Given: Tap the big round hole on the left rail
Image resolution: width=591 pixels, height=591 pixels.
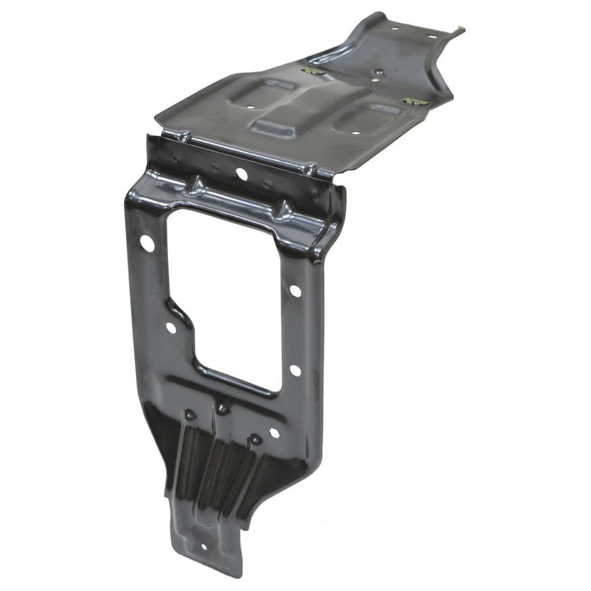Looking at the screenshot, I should point(147,243).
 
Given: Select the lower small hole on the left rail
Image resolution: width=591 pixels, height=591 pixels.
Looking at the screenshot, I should point(171,327).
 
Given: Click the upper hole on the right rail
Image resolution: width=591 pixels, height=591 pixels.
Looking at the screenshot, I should point(295,290).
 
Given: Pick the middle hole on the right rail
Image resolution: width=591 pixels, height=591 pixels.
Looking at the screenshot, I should point(295,370).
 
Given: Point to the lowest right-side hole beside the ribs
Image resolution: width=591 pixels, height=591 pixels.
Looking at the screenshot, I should point(274,432).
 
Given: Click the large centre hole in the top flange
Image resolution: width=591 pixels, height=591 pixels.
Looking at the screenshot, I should point(241,174).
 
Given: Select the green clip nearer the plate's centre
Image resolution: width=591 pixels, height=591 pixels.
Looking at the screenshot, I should point(314,72).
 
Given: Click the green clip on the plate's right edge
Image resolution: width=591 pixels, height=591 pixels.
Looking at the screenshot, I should point(415,102).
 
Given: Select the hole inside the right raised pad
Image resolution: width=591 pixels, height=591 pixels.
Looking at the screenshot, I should point(355,132).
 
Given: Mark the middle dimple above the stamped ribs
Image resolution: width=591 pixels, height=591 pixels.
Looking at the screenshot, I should point(222,409).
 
